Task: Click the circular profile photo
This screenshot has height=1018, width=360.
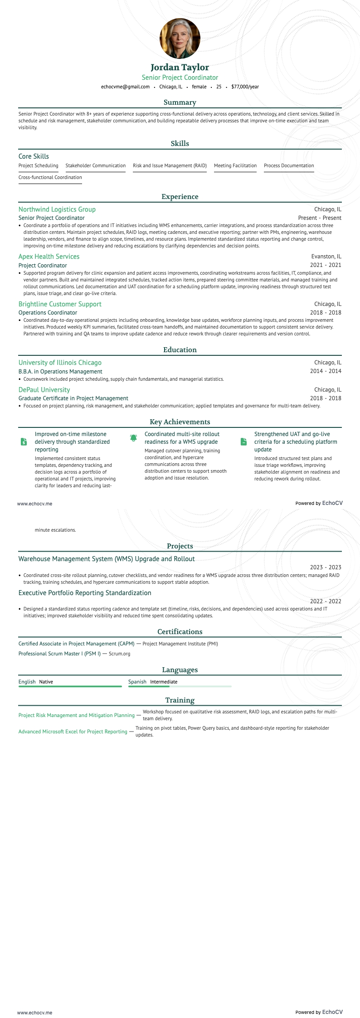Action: coord(180,39)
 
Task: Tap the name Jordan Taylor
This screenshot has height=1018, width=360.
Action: coord(180,68)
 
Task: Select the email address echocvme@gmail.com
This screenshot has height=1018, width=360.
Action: coord(125,87)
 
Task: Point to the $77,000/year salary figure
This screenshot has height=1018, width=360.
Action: coord(245,87)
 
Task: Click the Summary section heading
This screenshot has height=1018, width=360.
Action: coord(180,102)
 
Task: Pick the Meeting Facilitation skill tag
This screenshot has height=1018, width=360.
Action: coord(235,166)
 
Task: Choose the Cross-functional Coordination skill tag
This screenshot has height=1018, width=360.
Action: coord(50,178)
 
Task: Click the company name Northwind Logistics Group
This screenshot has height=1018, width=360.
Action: coord(57,209)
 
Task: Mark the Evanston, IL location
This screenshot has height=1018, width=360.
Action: coord(326,257)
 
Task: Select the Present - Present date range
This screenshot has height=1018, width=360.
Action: coord(320,218)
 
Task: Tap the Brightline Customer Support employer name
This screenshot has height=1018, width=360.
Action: coord(60,304)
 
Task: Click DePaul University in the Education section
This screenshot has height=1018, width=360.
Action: coord(44,390)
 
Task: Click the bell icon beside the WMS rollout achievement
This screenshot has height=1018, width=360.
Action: coord(133,438)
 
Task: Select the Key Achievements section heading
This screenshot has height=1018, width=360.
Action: coord(180,422)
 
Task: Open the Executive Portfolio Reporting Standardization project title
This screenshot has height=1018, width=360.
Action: coord(85,593)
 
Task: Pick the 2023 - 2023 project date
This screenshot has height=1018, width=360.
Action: coord(326,567)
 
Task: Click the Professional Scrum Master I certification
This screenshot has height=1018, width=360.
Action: coord(59,654)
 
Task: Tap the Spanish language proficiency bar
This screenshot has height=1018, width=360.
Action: coord(180,687)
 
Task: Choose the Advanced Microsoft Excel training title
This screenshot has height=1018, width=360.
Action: coord(73,732)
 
